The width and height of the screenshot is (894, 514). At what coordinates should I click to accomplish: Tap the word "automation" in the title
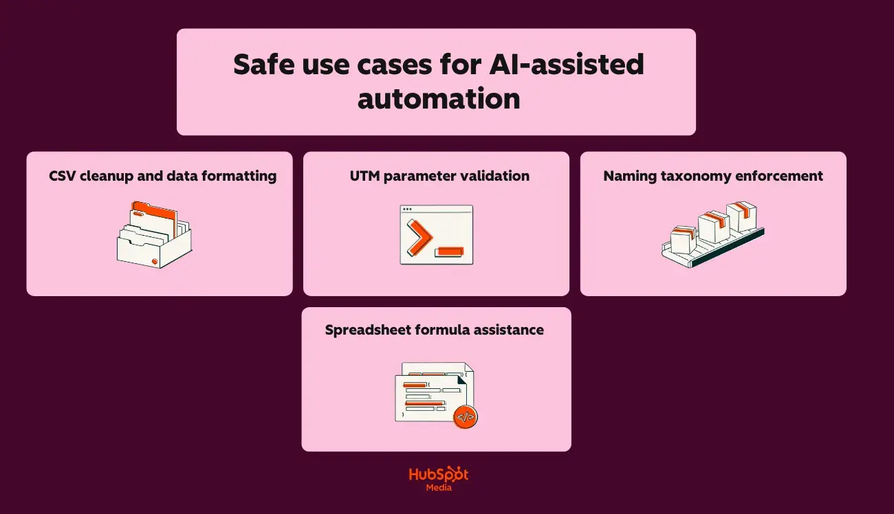pos(438,98)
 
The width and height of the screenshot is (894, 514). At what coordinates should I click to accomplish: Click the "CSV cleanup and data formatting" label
pos(162,176)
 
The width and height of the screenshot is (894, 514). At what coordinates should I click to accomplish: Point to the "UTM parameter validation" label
pos(439,176)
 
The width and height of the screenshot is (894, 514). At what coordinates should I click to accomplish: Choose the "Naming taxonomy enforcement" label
pos(713,176)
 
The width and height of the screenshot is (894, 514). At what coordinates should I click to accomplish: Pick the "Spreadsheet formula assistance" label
pos(435,330)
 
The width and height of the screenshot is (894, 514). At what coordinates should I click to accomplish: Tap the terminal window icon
pos(437,234)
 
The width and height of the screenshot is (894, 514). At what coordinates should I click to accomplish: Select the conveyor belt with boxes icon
pos(712,234)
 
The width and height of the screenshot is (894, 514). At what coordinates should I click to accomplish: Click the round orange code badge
pos(466,416)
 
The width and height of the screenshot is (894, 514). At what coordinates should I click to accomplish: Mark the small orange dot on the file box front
pos(154,261)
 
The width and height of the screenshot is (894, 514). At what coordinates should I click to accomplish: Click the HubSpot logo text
pos(438,475)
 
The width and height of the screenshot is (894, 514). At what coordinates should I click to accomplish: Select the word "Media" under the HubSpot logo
pos(438,488)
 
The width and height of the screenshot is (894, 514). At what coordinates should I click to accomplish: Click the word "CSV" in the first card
pos(63,176)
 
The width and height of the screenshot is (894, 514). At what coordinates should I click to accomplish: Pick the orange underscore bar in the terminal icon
pos(450,252)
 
